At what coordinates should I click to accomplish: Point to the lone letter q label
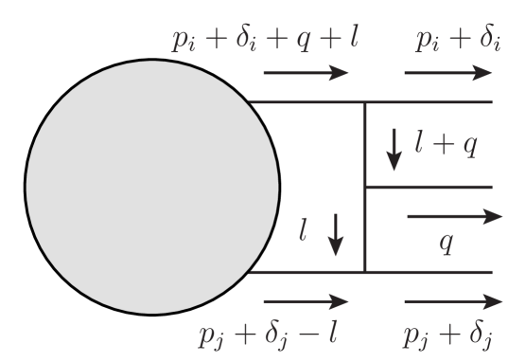tap(447, 243)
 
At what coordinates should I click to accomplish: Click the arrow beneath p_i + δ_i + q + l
tap(305, 72)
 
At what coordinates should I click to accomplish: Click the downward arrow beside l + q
tap(394, 150)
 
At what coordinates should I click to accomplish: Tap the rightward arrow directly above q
tap(453, 217)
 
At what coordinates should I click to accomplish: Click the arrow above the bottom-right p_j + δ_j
tap(452, 302)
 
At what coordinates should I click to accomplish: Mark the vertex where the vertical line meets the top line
tap(365, 101)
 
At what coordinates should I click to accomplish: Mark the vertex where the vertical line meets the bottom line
tap(365, 272)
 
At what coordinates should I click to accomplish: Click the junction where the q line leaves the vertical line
tap(365, 187)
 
